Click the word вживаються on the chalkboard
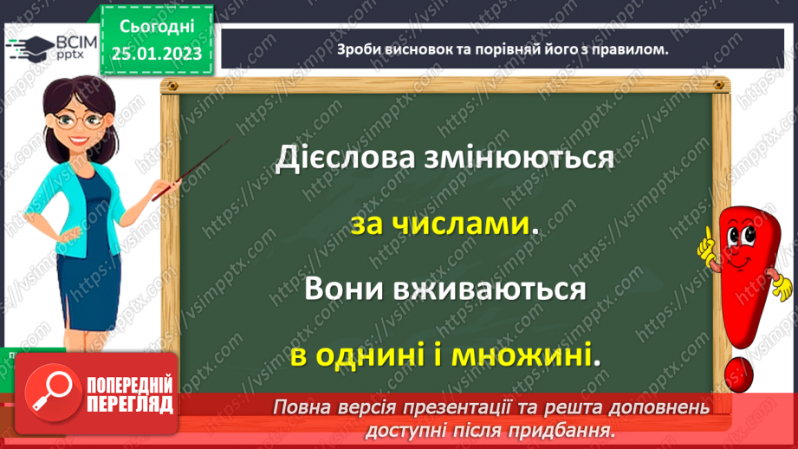pyautogui.click(x=493, y=289)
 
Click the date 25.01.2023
pyautogui.click(x=156, y=54)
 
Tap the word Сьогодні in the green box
pyautogui.click(x=156, y=26)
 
